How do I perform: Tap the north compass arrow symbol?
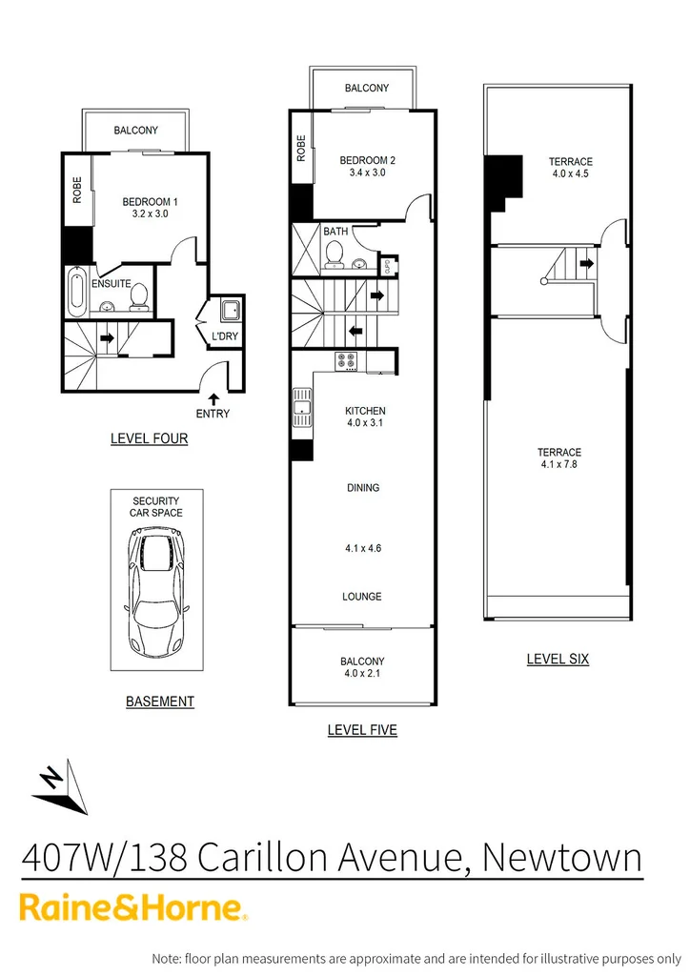tap(57, 787)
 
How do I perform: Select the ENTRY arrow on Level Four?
tap(213, 398)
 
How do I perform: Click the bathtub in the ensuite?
tap(77, 293)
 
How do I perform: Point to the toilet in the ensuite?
tap(139, 297)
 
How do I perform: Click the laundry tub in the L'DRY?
tap(230, 309)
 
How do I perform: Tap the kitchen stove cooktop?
tap(345, 361)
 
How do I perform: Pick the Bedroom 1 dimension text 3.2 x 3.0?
tap(150, 215)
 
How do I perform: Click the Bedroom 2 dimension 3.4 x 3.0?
tap(367, 173)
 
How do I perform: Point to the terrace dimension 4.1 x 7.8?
tap(558, 465)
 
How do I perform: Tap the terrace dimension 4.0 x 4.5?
tap(571, 174)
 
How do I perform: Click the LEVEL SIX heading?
tap(558, 659)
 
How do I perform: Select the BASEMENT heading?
tap(159, 701)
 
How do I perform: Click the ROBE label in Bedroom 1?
tap(77, 191)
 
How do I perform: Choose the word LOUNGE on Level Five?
tap(361, 597)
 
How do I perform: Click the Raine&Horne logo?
tap(134, 907)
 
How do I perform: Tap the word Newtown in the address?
tap(561, 858)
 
